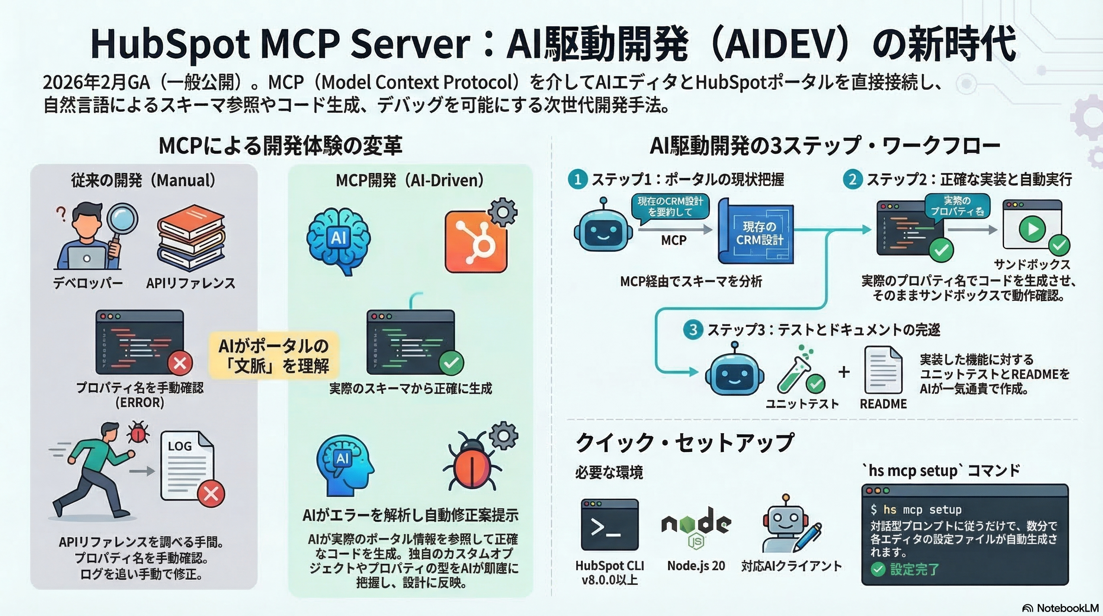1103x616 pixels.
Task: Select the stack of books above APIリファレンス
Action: (x=191, y=238)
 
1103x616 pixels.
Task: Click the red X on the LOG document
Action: (x=211, y=494)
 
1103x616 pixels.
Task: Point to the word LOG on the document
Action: (x=180, y=446)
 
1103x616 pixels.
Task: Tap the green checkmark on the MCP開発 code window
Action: (x=451, y=363)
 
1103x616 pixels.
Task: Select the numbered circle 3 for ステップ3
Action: (x=693, y=330)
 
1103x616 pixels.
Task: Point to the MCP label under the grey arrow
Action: (x=673, y=241)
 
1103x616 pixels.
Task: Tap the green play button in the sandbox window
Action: (x=1032, y=229)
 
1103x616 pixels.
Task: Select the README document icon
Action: (x=883, y=371)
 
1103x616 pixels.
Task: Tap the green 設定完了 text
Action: (x=914, y=569)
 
